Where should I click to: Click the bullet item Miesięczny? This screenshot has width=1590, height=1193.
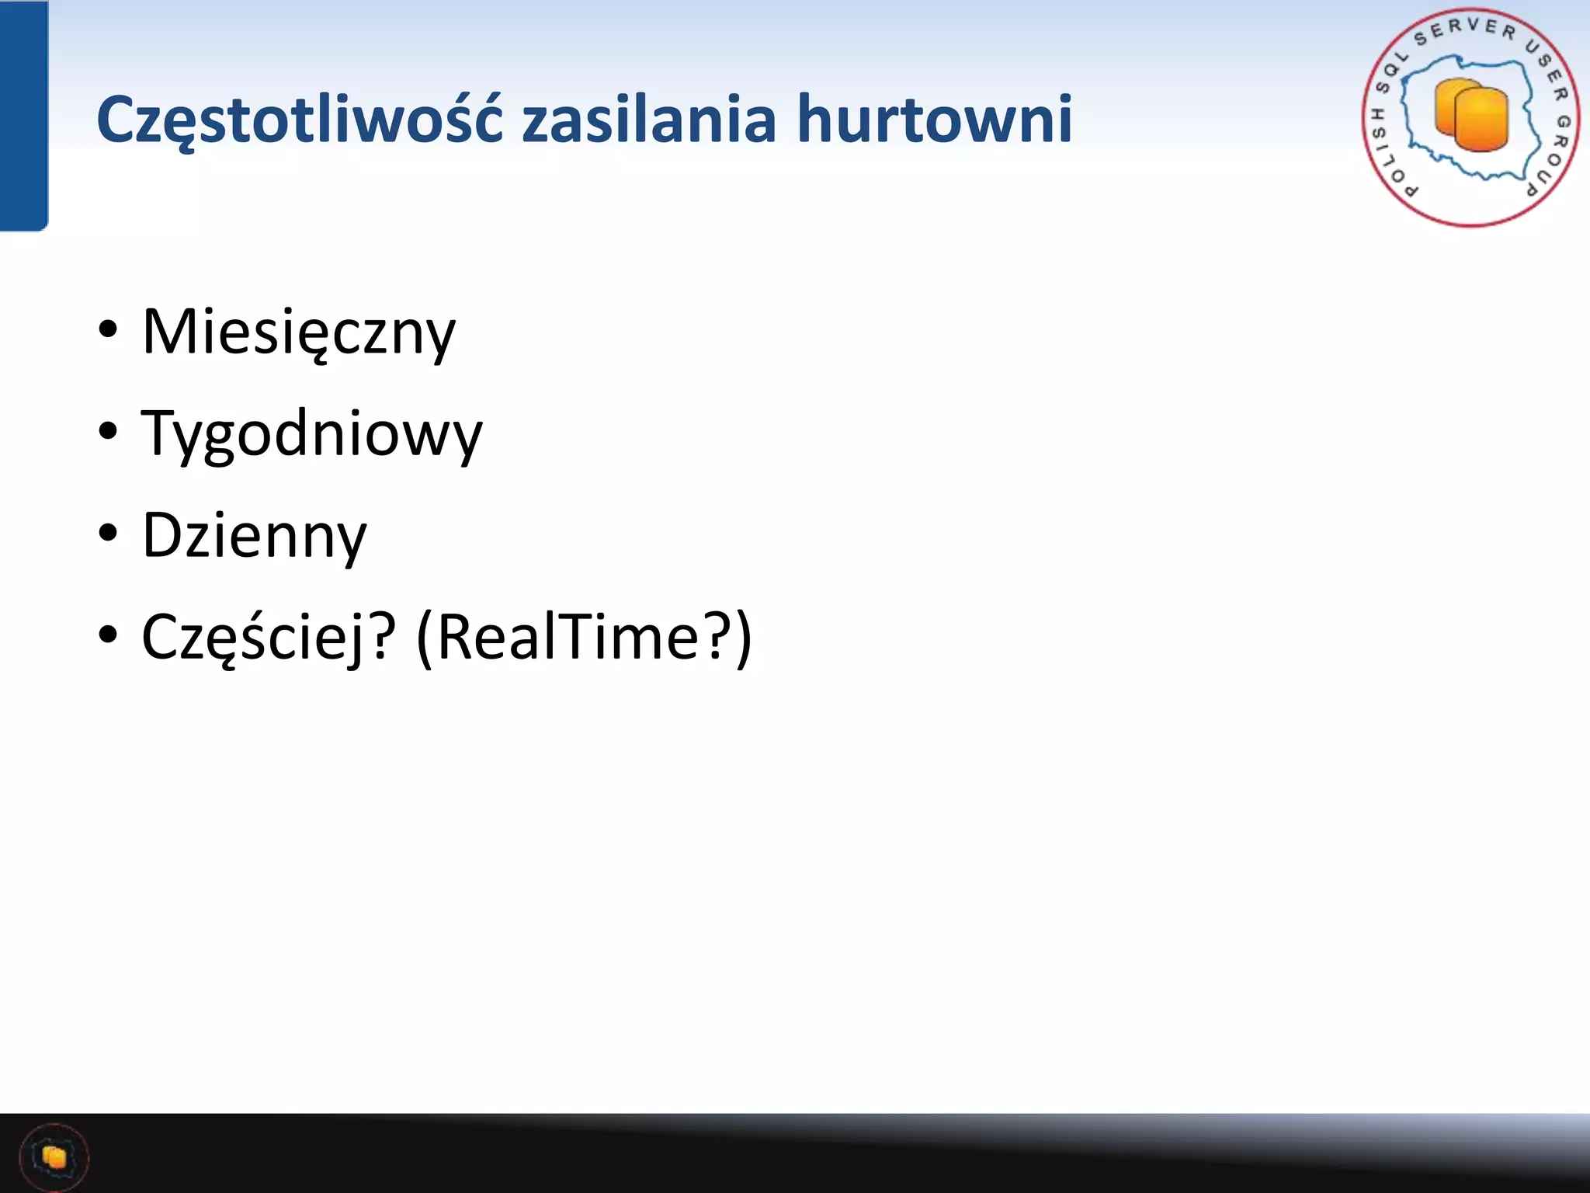pos(299,332)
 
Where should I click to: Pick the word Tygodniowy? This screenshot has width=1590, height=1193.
pos(311,434)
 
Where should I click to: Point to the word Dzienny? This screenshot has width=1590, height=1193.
pos(254,536)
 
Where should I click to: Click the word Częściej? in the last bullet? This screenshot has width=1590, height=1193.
pos(269,638)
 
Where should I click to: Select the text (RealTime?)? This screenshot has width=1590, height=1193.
pos(584,638)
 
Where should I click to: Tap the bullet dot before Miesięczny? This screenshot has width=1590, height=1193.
pos(108,329)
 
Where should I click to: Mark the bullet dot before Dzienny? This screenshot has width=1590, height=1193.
pos(108,533)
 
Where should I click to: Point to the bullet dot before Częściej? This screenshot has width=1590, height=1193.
pos(108,635)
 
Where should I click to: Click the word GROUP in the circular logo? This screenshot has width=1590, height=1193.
pos(1552,155)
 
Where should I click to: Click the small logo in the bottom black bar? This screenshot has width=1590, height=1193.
pos(54,1157)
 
